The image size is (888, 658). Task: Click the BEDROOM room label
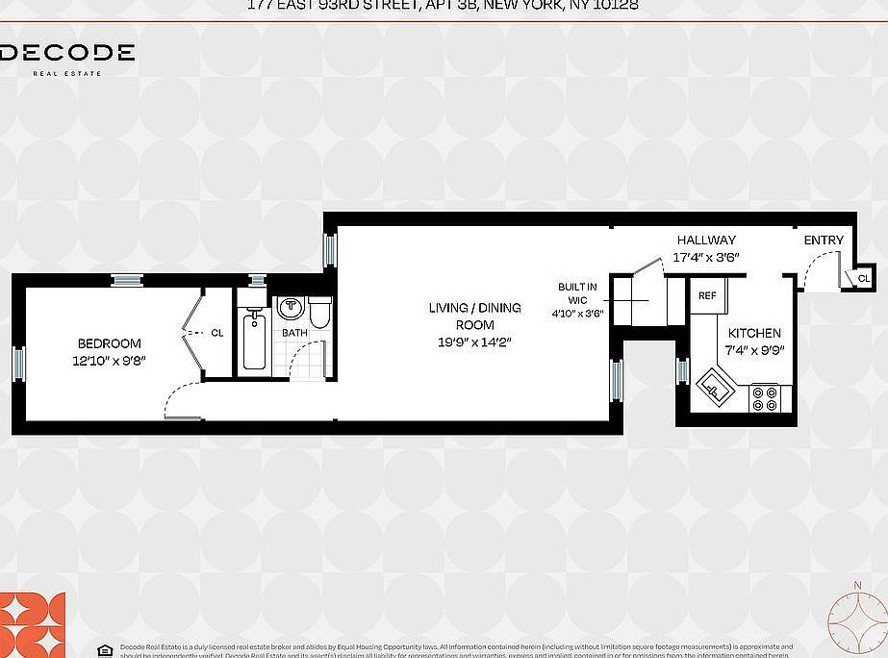point(109,343)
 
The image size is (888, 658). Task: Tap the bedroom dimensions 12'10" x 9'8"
point(109,360)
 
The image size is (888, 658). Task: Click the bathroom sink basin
point(290,308)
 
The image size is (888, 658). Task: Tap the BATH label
point(294,334)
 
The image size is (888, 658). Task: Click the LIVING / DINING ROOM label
point(474,316)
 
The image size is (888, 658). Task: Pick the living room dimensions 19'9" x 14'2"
point(474,342)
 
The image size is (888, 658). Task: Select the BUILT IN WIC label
point(577,293)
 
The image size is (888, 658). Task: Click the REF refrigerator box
point(707,296)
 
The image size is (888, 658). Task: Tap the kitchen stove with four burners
point(765,398)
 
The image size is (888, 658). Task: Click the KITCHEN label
point(754,333)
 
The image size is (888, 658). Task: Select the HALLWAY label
point(705,240)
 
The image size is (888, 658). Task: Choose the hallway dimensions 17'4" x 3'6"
point(705,257)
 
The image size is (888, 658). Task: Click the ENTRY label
point(824,240)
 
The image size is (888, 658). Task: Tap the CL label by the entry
point(863,278)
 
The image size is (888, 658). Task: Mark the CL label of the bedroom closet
point(216,333)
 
